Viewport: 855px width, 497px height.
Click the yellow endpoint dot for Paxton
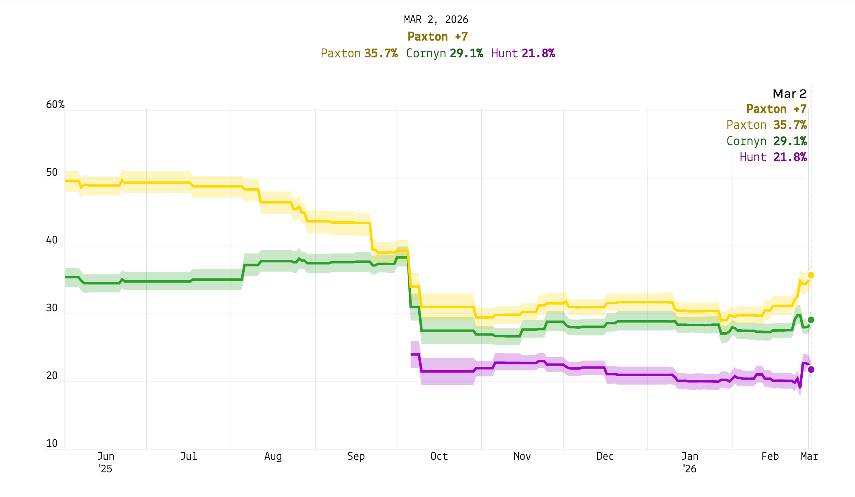pyautogui.click(x=811, y=275)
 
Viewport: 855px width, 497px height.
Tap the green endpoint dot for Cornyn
pyautogui.click(x=811, y=320)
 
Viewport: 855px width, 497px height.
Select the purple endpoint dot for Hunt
pyautogui.click(x=811, y=369)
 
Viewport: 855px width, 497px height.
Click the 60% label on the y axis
pyautogui.click(x=55, y=105)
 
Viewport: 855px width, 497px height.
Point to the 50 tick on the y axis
pyautogui.click(x=52, y=172)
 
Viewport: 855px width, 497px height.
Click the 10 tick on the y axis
pyautogui.click(x=52, y=443)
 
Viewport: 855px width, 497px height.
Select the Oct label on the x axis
pyautogui.click(x=439, y=456)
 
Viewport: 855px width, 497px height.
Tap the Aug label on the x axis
pyautogui.click(x=273, y=456)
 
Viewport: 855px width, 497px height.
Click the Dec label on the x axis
pyautogui.click(x=605, y=456)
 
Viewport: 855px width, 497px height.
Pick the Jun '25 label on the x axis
pyautogui.click(x=105, y=462)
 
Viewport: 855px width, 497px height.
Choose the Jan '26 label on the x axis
pyautogui.click(x=689, y=462)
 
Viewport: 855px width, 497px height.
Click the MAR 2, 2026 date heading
pyautogui.click(x=436, y=20)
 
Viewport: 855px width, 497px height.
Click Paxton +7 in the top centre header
pyautogui.click(x=438, y=37)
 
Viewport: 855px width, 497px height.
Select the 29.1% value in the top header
pyautogui.click(x=466, y=54)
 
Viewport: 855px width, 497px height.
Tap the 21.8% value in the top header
pyautogui.click(x=538, y=54)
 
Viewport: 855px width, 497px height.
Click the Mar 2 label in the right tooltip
pyautogui.click(x=789, y=94)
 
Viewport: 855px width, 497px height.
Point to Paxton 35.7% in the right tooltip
pyautogui.click(x=766, y=125)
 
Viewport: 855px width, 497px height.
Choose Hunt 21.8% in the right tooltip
pyautogui.click(x=773, y=157)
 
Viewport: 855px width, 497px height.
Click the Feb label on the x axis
pyautogui.click(x=770, y=456)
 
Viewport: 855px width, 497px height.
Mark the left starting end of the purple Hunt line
pyautogui.click(x=412, y=354)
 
